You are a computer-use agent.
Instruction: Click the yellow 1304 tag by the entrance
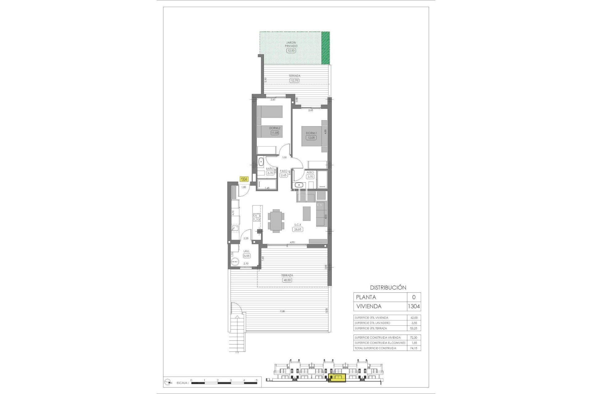pyautogui.click(x=244, y=179)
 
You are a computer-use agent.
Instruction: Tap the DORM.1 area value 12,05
pyautogui.click(x=311, y=138)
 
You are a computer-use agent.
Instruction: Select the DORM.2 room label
pyautogui.click(x=274, y=128)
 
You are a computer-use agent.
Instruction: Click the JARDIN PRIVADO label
pyautogui.click(x=291, y=44)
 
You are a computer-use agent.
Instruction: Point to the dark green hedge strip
pyautogui.click(x=326, y=48)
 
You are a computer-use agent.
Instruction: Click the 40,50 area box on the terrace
pyautogui.click(x=287, y=280)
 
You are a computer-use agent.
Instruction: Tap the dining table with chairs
pyautogui.click(x=276, y=220)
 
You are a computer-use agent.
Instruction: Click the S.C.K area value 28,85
pyautogui.click(x=298, y=229)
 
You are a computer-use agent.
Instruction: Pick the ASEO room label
pyautogui.click(x=310, y=172)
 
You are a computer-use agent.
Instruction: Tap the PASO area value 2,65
pyautogui.click(x=283, y=175)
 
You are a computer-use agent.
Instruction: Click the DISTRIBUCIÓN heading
pyautogui.click(x=388, y=287)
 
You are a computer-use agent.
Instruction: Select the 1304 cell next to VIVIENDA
pyautogui.click(x=413, y=306)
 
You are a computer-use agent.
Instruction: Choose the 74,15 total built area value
pyautogui.click(x=413, y=348)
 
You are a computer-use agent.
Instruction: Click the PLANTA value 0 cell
pyautogui.click(x=413, y=297)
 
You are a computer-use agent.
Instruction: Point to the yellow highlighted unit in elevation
pyautogui.click(x=337, y=378)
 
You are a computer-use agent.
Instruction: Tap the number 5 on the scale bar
pyautogui.click(x=257, y=380)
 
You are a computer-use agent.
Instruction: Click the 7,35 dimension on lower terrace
pyautogui.click(x=282, y=312)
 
